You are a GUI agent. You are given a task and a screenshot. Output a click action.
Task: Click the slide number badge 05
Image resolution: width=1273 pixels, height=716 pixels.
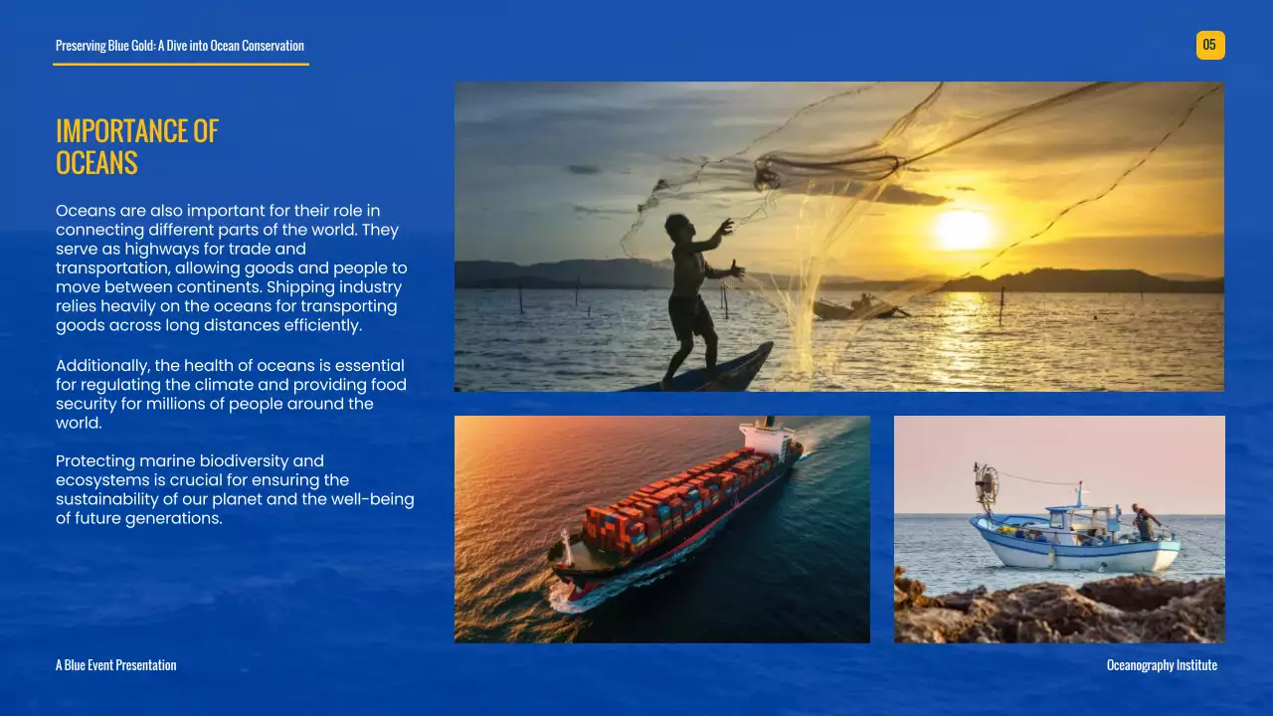coord(1209,45)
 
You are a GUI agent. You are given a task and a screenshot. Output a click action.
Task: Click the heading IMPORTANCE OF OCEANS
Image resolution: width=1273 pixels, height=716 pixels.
coord(137,146)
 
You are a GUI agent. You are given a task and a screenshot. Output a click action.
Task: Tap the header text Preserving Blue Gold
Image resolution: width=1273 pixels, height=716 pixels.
coord(179,46)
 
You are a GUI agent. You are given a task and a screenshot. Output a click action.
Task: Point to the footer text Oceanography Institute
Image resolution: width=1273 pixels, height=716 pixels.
coord(1162,665)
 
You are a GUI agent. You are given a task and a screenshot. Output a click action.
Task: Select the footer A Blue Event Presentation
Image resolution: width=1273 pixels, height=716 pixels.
coord(115,665)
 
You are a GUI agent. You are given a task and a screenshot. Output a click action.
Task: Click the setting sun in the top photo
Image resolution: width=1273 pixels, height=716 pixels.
coord(963,229)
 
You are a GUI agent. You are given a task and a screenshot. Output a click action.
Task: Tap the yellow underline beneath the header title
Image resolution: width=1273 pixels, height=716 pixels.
coord(181,65)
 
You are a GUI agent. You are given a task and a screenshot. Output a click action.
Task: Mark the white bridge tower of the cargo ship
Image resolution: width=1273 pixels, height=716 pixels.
coord(768,435)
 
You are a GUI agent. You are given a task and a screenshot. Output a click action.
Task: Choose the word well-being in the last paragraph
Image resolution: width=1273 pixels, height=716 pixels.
coord(372,499)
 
